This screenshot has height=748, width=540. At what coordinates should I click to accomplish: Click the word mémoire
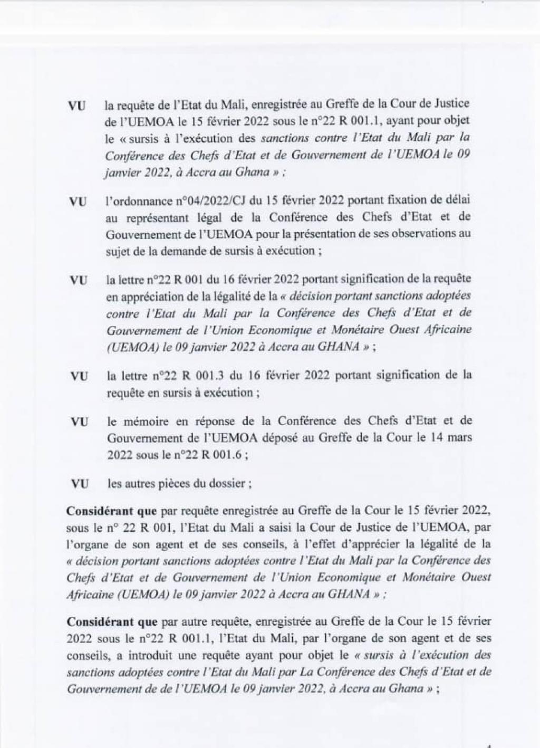(x=142, y=421)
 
